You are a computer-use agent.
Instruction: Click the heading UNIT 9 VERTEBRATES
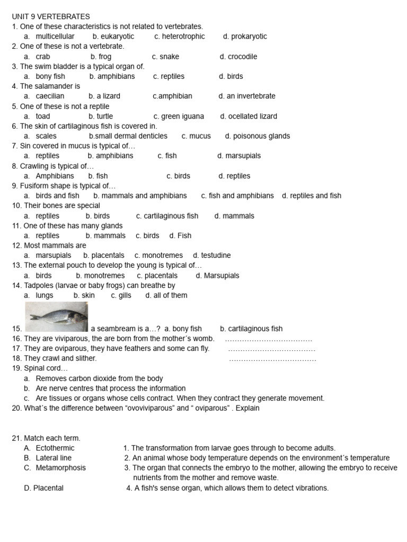[x=51, y=17]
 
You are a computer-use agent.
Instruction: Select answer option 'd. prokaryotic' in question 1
[x=245, y=37]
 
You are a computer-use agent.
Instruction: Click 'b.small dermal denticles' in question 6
[x=128, y=136]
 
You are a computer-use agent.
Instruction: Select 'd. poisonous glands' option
[x=258, y=136]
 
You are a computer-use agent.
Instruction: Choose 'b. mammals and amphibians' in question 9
[x=140, y=196]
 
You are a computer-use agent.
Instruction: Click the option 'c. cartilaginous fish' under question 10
[x=167, y=216]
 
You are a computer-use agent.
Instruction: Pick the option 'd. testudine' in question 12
[x=212, y=256]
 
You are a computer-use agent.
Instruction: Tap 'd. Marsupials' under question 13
[x=217, y=276]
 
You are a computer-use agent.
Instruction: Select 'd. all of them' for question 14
[x=166, y=295]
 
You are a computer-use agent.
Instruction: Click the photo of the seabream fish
[x=56, y=317]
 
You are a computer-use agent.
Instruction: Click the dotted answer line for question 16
[x=269, y=339]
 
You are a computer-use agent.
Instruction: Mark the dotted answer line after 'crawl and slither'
[x=272, y=359]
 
